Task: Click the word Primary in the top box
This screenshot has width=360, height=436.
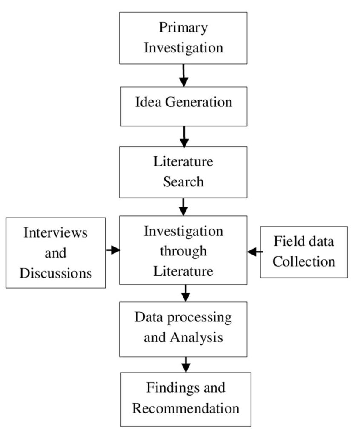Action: click(x=183, y=28)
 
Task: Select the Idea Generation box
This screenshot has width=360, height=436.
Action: click(x=184, y=106)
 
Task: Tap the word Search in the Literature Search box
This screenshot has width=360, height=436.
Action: click(x=183, y=182)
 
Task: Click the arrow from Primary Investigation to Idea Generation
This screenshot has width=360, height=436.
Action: click(x=183, y=75)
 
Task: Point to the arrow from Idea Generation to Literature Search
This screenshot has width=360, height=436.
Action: click(x=184, y=137)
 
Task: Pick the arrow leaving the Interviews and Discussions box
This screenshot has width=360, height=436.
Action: click(x=113, y=250)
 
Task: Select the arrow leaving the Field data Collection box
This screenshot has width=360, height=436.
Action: click(x=255, y=252)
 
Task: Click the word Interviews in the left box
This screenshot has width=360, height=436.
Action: click(x=55, y=232)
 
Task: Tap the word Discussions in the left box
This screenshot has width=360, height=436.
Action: click(x=56, y=273)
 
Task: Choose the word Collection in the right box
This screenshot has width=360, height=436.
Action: click(x=304, y=262)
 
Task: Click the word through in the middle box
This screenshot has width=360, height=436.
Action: click(x=183, y=252)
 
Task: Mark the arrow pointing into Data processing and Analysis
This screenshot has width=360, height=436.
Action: click(x=186, y=293)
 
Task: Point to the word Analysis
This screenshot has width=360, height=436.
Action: click(x=197, y=338)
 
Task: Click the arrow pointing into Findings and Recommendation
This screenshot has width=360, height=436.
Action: click(x=186, y=364)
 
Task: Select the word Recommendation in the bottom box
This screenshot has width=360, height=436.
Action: click(x=186, y=408)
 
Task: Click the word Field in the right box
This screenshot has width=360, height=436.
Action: click(x=284, y=241)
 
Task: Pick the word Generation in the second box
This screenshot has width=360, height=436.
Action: click(x=199, y=102)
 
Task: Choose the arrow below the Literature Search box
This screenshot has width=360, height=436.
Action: click(x=183, y=207)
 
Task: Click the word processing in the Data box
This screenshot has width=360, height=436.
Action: click(x=199, y=318)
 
